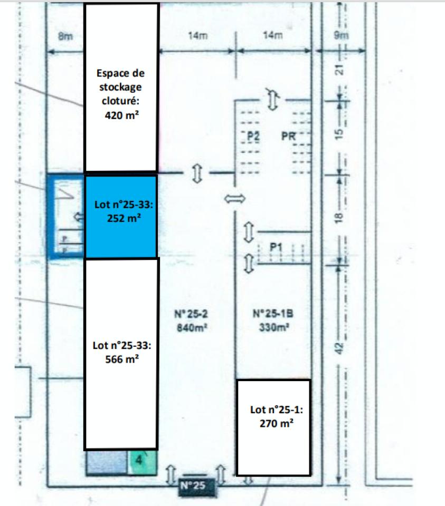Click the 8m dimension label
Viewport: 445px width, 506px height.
[x=65, y=36]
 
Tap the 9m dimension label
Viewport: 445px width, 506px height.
[x=342, y=36]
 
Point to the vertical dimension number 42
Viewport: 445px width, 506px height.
[x=340, y=347]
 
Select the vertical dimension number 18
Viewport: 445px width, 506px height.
[x=340, y=216]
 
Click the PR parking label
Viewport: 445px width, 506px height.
[x=289, y=136]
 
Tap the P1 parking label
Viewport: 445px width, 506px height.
[x=277, y=247]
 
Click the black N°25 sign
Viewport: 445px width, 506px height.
[x=197, y=486]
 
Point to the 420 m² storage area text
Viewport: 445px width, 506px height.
[x=122, y=113]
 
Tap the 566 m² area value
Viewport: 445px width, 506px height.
[x=122, y=358]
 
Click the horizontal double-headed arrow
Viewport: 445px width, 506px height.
[x=235, y=199]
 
